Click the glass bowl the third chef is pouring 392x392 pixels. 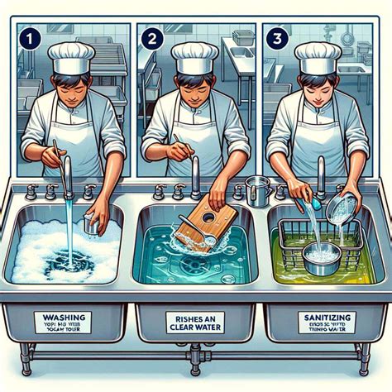click(342, 207)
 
